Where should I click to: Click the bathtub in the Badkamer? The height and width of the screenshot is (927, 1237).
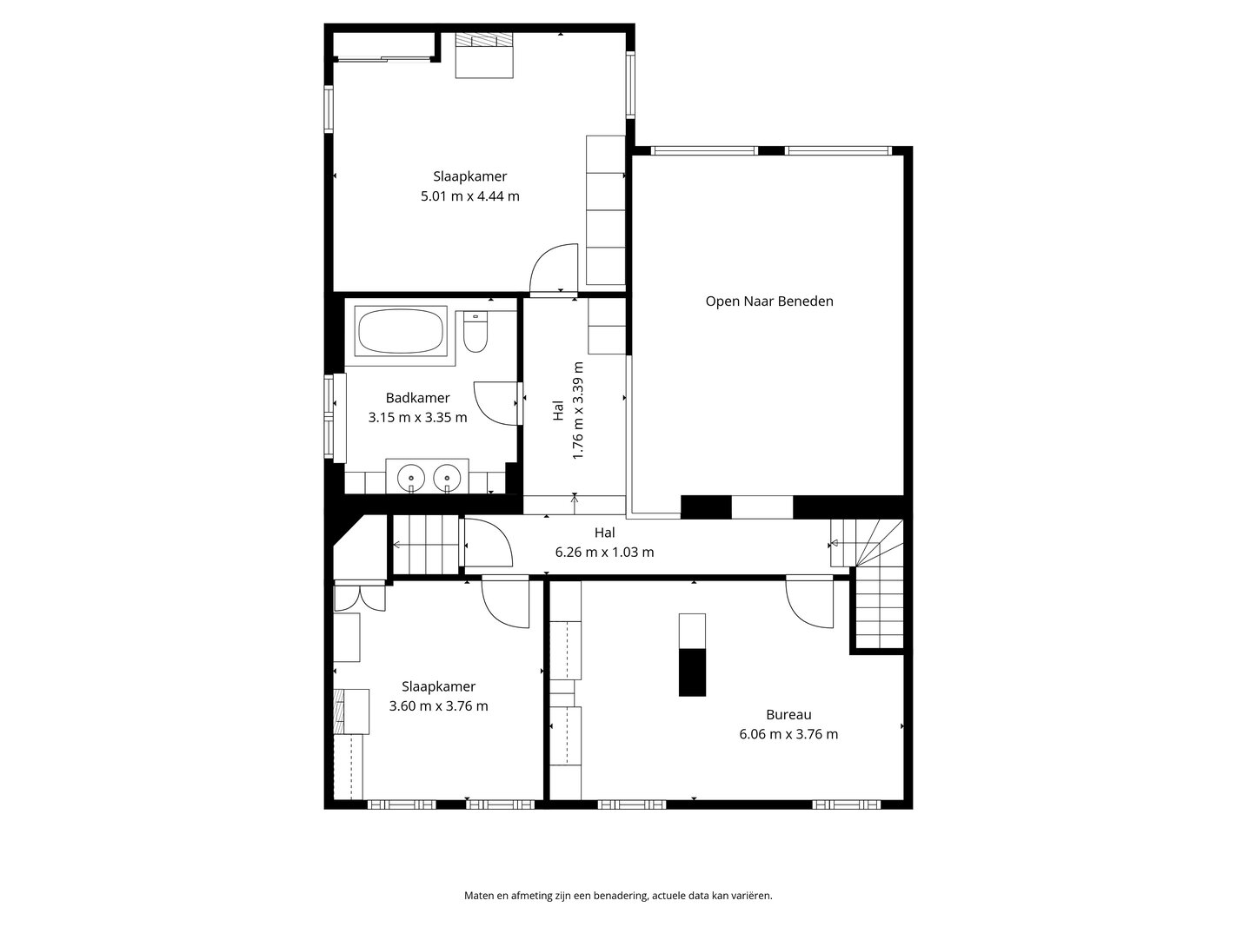(400, 331)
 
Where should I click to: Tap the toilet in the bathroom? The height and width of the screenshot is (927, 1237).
(476, 332)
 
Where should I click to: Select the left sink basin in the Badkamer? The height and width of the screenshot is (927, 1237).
(411, 478)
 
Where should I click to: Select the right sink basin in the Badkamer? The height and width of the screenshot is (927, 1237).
(448, 478)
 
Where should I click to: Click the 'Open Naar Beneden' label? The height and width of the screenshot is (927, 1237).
(769, 301)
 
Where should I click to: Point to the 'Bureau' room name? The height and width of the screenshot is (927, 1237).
(788, 715)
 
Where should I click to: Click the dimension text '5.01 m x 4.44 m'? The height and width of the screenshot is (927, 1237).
(470, 196)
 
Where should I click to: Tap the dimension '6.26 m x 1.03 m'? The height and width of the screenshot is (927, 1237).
(605, 552)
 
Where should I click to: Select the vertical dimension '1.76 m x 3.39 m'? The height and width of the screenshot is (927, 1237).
(577, 410)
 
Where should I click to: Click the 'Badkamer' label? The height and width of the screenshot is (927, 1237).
(417, 398)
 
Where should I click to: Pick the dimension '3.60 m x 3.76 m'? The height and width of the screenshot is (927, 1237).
(438, 705)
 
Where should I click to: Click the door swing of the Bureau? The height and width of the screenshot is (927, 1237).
(809, 602)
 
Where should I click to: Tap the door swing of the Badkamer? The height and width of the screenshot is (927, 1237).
(495, 404)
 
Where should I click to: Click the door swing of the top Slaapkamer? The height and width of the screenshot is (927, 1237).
(554, 268)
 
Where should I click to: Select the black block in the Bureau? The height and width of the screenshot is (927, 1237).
(692, 672)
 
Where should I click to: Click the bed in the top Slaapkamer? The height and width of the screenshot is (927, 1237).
(484, 56)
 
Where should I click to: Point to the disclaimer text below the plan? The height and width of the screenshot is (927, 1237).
(618, 896)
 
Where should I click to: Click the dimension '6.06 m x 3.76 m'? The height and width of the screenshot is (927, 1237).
(788, 734)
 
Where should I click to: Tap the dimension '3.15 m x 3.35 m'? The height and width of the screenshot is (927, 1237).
(417, 417)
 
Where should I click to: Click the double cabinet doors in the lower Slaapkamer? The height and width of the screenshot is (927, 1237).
(360, 599)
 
